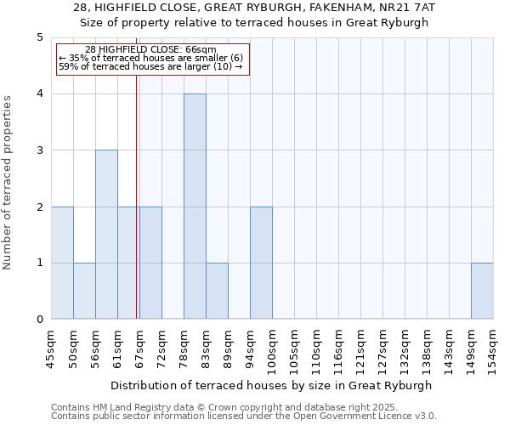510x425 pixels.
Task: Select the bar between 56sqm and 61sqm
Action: coord(106,235)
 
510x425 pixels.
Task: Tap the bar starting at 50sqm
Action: coord(84,291)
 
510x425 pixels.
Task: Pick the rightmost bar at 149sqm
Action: coord(482,291)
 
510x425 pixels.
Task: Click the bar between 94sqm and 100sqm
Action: coord(261,263)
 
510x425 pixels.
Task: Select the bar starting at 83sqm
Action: coord(217,291)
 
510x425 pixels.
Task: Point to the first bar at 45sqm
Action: coord(62,263)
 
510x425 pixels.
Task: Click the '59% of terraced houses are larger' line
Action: coord(150,66)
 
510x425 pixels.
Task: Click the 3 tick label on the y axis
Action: coord(39,150)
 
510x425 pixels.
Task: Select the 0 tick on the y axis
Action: coord(39,320)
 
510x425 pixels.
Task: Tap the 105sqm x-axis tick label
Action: coord(295,348)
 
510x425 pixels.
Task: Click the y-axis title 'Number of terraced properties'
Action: coord(8,183)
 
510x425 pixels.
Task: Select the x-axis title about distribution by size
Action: coord(272,385)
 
